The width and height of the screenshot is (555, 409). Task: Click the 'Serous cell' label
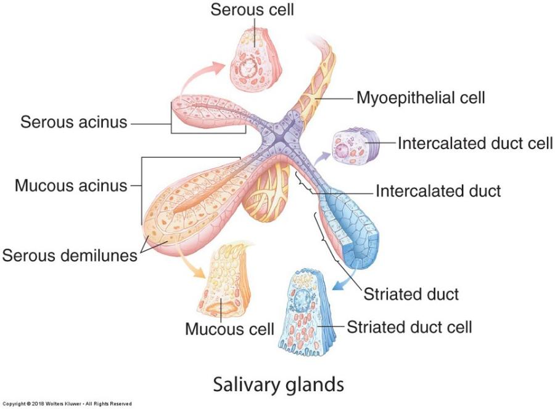[252, 10]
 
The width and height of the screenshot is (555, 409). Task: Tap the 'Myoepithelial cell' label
[421, 97]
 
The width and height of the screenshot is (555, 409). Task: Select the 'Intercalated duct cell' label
[475, 144]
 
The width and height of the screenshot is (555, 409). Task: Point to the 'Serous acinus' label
[74, 121]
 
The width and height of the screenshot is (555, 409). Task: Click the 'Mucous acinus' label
[70, 185]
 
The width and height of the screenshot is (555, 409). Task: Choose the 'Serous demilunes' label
[70, 254]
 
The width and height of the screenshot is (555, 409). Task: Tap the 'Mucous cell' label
[229, 328]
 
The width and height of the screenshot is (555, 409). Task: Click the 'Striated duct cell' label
[409, 326]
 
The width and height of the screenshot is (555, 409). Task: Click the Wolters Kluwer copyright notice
[66, 404]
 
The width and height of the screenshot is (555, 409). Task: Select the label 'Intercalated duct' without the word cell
[438, 191]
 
